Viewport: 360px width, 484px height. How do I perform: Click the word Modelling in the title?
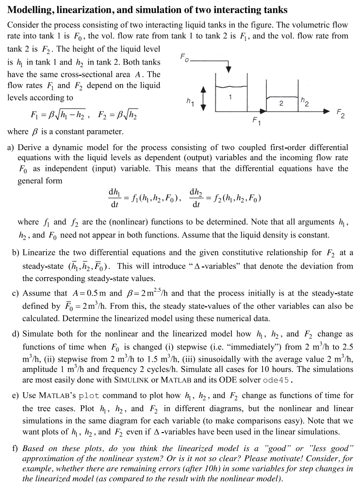[x=33, y=10]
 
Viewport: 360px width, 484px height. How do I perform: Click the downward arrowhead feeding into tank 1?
[x=231, y=74]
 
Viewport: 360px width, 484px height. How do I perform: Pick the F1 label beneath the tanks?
[x=257, y=120]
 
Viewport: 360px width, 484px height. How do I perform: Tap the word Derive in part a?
[x=30, y=147]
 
